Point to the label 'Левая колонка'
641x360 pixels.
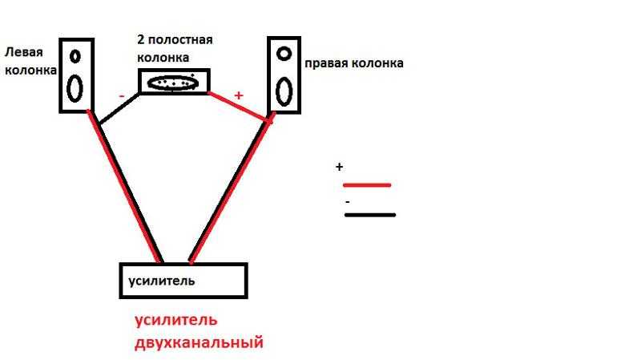(30, 62)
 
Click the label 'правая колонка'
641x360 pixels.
(354, 63)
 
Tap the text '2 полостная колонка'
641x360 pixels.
(175, 49)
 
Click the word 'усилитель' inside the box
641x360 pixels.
(162, 281)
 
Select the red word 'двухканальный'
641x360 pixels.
(199, 342)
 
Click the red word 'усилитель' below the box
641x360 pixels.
(175, 319)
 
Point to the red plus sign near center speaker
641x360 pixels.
(239, 95)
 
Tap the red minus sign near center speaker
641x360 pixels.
(122, 96)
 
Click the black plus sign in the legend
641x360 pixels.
(339, 167)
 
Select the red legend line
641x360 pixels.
(367, 185)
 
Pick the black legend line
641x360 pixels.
(370, 215)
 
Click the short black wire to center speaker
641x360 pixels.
(119, 108)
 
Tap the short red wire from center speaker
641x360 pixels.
(239, 107)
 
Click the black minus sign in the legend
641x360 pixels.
(348, 202)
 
